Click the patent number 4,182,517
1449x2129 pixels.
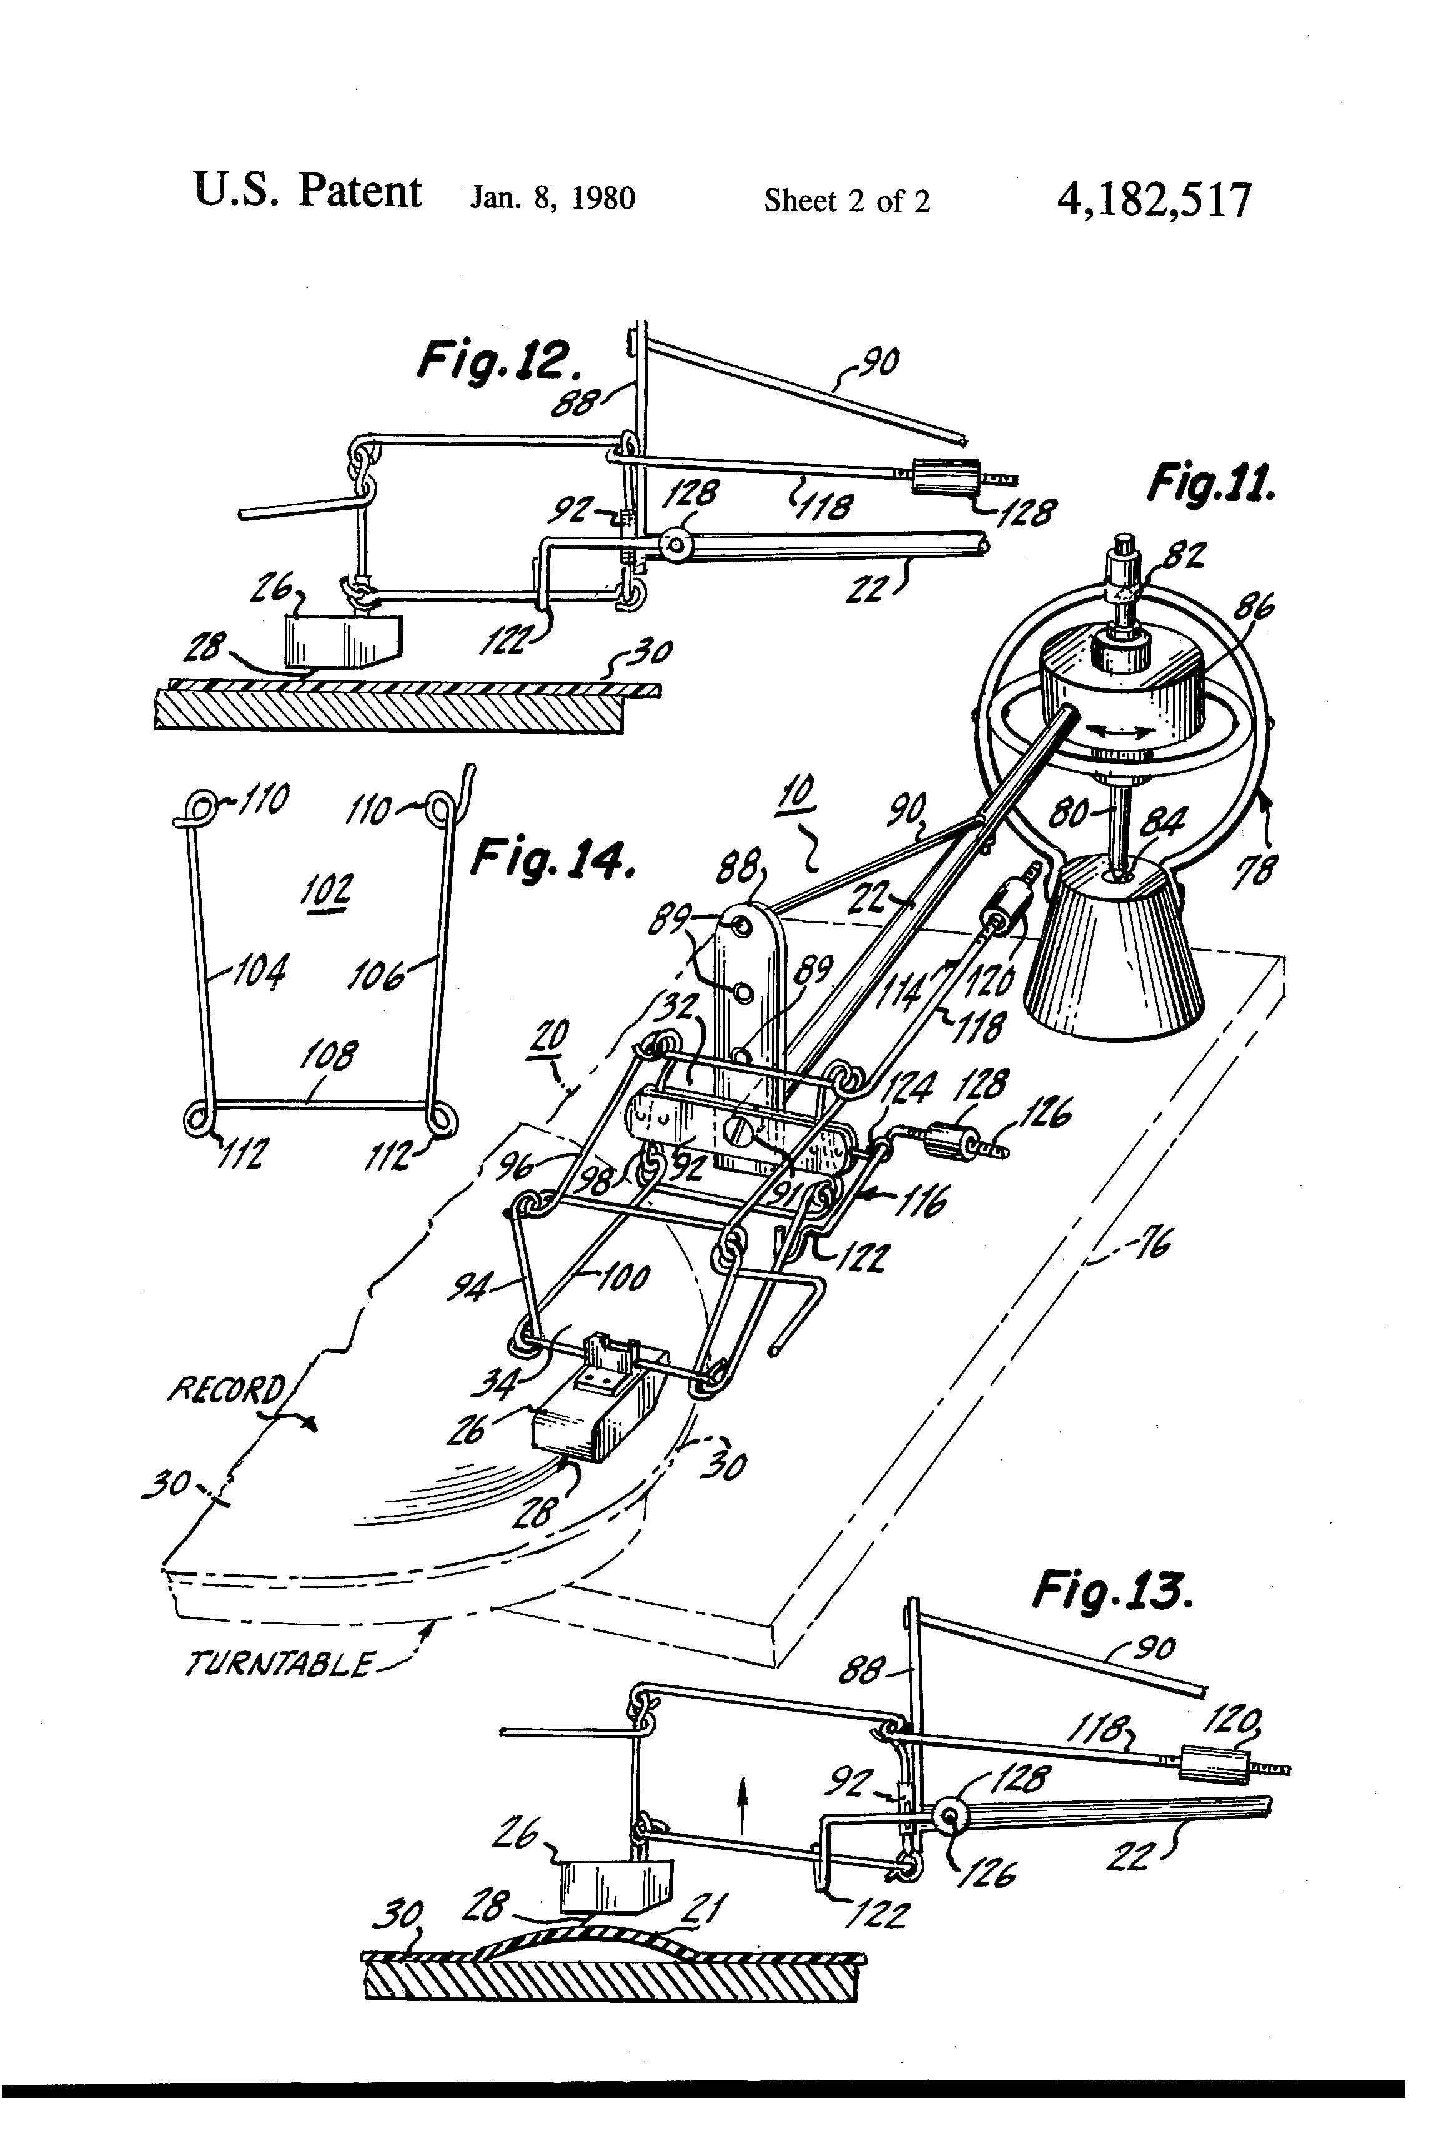click(1153, 200)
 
